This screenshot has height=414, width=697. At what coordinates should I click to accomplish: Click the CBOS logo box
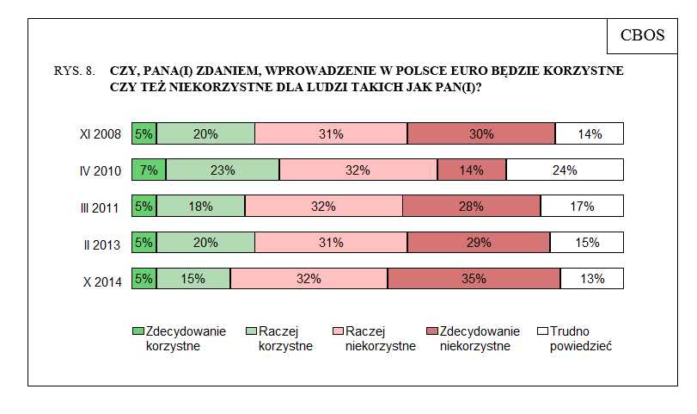point(641,34)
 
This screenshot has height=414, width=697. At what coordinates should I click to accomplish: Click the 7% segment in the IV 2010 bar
point(149,170)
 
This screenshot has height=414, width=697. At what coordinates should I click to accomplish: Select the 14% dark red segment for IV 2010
point(471,170)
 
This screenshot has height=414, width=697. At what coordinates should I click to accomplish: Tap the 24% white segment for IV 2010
point(565,170)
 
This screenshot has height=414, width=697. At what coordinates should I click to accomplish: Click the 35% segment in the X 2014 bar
point(474,279)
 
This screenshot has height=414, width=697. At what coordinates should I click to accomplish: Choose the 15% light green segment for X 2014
point(193,279)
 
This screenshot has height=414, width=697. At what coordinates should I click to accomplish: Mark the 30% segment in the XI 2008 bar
point(481,134)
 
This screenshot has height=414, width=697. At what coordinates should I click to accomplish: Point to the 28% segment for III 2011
point(471,207)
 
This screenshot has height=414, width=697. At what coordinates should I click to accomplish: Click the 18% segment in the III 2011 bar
point(202,207)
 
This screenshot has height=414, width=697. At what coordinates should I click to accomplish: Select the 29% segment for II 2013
point(479,243)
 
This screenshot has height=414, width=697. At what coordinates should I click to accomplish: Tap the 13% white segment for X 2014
point(592,279)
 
